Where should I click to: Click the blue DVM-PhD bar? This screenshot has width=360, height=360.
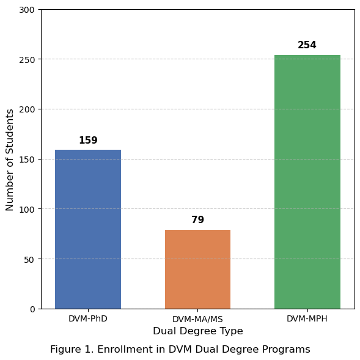coord(88,229)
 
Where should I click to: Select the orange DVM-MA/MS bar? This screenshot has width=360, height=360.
coord(197,270)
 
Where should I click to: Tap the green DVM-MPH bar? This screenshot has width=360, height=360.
coord(307,182)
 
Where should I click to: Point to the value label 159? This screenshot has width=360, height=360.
coord(88,141)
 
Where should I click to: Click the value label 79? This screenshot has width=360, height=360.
coord(197,219)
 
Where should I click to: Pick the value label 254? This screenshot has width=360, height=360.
coord(307,45)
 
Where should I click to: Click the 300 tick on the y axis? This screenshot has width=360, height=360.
coord(27,10)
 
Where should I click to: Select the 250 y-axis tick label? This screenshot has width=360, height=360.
coord(27,60)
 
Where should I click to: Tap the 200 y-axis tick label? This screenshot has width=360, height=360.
coord(27,109)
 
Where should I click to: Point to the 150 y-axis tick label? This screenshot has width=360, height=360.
coord(27,160)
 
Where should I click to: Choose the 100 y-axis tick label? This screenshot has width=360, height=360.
coord(27,210)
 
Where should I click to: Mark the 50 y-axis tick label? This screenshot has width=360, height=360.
coord(29,259)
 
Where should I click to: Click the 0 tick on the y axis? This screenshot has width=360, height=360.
coord(32,309)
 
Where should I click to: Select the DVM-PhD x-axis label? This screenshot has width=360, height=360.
coord(88,318)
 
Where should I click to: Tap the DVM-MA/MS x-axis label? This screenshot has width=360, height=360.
coord(197,319)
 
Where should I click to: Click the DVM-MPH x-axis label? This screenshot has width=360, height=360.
coord(307,318)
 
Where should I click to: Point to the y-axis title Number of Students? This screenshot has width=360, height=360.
coord(10,160)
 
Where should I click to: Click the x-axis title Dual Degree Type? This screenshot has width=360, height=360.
coord(198,331)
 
